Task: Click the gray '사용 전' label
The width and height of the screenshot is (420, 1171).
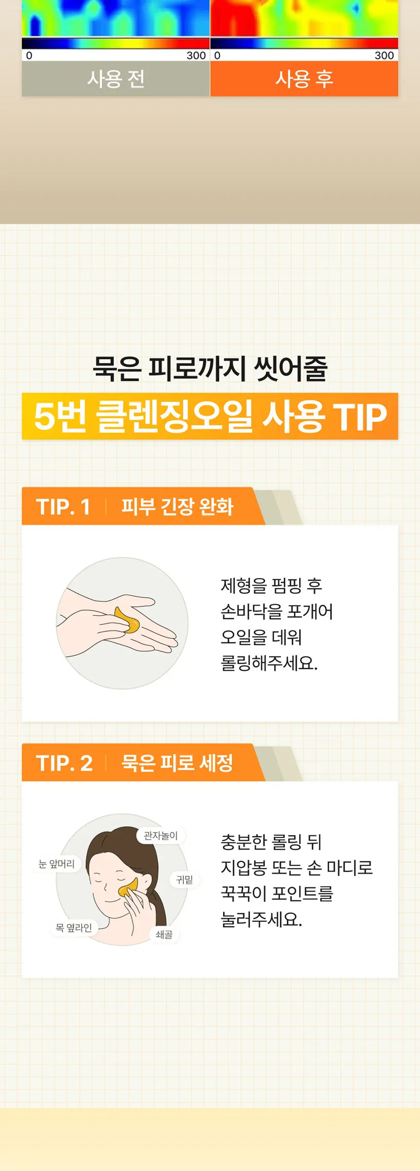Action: [x=116, y=79]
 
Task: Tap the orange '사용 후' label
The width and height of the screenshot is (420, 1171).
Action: [x=304, y=79]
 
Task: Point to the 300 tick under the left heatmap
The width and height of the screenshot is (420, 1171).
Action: [x=196, y=56]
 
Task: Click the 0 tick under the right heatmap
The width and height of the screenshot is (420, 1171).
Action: [x=217, y=56]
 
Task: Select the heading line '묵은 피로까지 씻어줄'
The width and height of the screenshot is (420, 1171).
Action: [x=210, y=368]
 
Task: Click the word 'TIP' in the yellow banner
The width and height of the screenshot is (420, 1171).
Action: [x=360, y=417]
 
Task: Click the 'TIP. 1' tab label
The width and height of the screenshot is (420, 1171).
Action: [x=63, y=507]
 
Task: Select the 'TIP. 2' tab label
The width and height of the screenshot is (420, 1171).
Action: [x=64, y=763]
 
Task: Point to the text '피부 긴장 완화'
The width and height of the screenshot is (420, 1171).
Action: [x=177, y=506]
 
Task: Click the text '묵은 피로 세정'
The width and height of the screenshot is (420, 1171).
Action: [x=177, y=763]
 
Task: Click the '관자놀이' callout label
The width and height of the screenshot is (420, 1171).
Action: [x=161, y=836]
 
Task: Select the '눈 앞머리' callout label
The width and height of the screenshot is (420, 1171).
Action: [x=57, y=864]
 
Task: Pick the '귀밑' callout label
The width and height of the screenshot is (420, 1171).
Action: [x=185, y=880]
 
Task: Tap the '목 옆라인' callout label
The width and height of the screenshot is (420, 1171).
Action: [x=74, y=928]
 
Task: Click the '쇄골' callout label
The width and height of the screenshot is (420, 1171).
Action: [x=164, y=934]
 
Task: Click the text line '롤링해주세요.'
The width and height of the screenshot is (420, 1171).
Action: [x=269, y=663]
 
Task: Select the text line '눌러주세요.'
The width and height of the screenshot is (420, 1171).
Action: [x=261, y=920]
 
